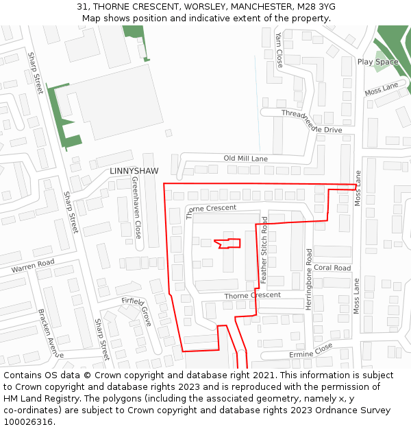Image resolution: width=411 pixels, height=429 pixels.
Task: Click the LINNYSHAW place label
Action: coord(134,170)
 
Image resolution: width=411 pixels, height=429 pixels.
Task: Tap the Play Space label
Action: coord(377,62)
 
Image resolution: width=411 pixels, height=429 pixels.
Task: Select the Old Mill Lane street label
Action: coord(245,159)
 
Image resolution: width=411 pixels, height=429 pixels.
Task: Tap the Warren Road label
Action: coord(32,265)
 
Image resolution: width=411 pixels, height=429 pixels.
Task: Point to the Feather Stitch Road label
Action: coord(264,250)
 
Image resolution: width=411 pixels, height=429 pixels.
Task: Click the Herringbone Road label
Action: coord(309,279)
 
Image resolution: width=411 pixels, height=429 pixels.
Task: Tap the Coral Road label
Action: coord(332,268)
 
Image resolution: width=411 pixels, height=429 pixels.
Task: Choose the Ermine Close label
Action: coord(310,350)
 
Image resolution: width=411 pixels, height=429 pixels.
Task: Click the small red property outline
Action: coord(228,243)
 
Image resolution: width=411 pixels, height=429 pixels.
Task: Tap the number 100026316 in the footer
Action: coord(28,421)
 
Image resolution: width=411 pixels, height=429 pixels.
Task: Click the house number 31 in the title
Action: coord(82,6)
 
